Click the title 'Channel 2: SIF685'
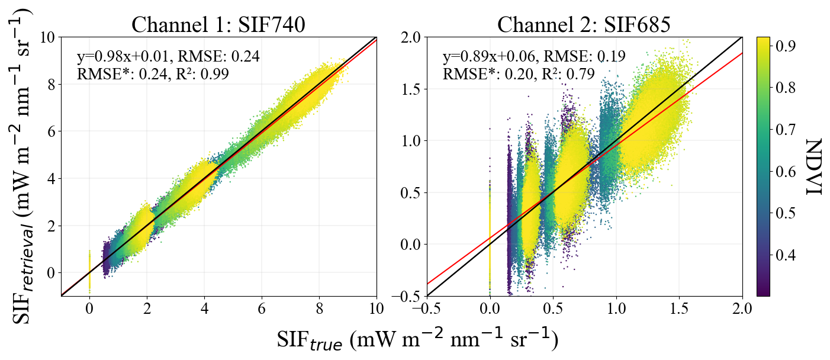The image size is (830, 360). pos(584,25)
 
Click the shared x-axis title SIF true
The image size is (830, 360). pos(417,340)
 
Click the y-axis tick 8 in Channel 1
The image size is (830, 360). pos(51,84)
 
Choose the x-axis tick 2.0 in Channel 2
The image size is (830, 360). pos(742,308)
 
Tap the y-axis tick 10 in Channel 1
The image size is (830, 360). pos(47,37)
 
